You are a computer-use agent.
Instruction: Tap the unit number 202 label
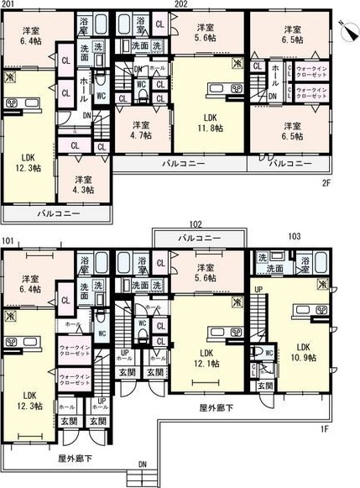coord(180,5)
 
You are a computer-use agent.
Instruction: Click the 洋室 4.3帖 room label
coord(82,185)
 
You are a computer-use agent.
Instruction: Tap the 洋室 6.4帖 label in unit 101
coord(31,284)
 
